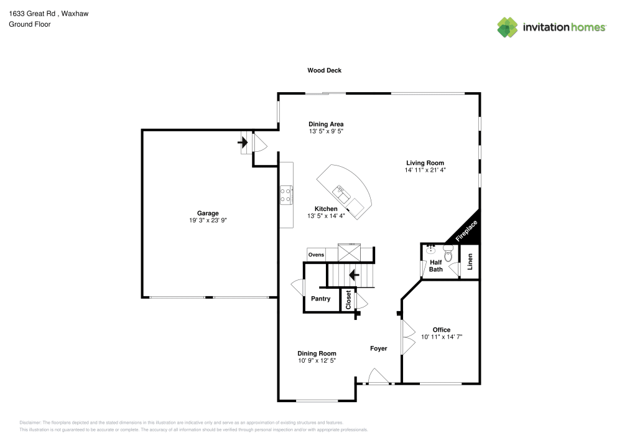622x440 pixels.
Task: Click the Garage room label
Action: [208, 213]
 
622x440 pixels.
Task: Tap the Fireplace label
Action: [467, 231]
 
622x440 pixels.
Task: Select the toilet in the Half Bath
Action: [448, 252]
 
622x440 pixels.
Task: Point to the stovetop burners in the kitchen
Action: [287, 195]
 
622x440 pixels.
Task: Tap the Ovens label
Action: [316, 255]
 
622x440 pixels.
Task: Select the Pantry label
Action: [320, 299]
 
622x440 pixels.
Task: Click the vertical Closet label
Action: [348, 299]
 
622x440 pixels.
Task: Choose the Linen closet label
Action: [470, 262]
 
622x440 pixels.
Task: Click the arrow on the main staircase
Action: [355, 274]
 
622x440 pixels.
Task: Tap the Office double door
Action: [407, 337]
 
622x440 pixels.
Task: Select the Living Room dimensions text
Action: [425, 169]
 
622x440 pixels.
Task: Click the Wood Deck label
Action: [324, 70]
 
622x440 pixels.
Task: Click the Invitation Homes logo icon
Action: [507, 27]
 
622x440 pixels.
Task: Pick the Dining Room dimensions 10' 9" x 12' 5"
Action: [317, 361]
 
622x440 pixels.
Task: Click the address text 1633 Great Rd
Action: [31, 12]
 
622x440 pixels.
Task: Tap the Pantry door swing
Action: [297, 288]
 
